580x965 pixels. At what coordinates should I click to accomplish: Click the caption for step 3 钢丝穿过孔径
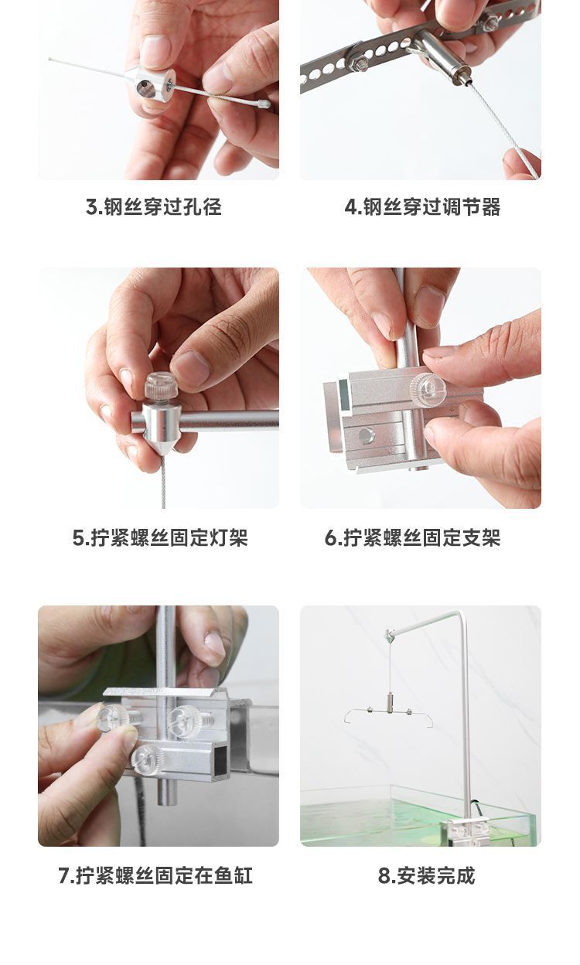[x=153, y=207]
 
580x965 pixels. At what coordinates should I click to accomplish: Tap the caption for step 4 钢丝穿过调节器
[x=422, y=207]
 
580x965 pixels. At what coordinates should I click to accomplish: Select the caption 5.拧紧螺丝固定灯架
[x=160, y=538]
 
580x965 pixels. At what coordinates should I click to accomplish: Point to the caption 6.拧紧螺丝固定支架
[x=412, y=538]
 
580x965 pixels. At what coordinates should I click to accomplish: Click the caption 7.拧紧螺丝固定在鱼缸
[x=155, y=876]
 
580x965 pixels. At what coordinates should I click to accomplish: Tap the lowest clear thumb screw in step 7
[x=145, y=759]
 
